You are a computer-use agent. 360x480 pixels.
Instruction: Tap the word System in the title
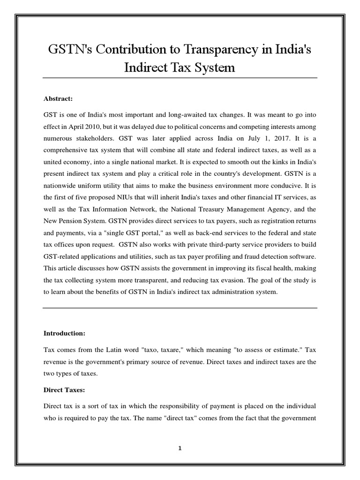(x=215, y=67)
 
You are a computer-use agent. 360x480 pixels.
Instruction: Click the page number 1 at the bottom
(x=180, y=448)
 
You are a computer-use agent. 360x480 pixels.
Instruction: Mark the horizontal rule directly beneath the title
(x=180, y=78)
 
